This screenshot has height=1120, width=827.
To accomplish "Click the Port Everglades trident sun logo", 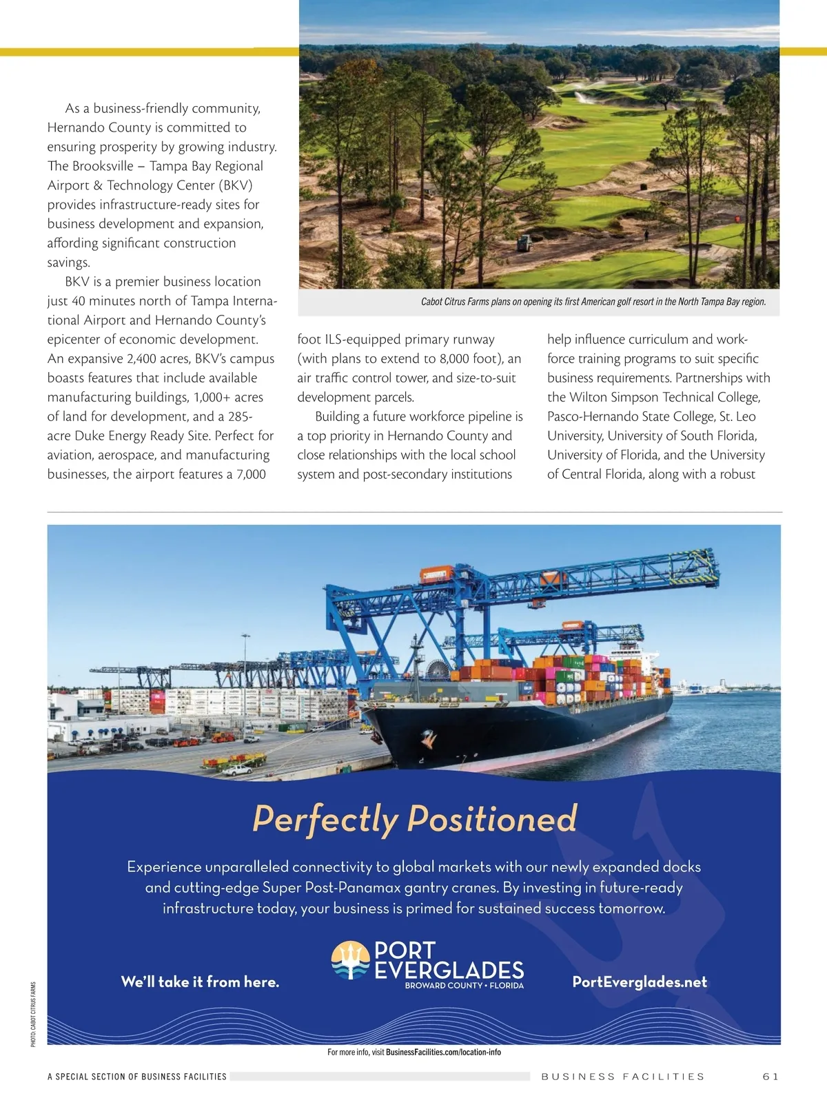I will click(351, 960).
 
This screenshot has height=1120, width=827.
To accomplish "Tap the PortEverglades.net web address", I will click(640, 982).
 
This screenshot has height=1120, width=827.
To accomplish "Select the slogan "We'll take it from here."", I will click(200, 982).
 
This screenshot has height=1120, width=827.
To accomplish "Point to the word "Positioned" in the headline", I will click(492, 818).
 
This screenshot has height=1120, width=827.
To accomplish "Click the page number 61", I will click(770, 1076).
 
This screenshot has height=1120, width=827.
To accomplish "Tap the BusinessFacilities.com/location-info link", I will click(443, 1052).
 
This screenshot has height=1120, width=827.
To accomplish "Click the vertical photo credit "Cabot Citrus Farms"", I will click(33, 1014).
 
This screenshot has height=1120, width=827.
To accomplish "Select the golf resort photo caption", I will click(593, 302).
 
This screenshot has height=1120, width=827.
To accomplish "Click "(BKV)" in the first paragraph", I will click(236, 185).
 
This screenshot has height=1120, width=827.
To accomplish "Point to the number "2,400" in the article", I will click(141, 358).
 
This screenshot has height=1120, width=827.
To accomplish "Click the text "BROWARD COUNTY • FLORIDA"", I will click(464, 986).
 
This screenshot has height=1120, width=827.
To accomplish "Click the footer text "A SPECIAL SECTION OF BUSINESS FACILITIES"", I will click(136, 1076).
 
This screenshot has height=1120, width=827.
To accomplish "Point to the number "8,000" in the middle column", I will click(454, 358).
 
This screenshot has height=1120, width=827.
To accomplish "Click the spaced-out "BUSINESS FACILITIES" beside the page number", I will click(622, 1076).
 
